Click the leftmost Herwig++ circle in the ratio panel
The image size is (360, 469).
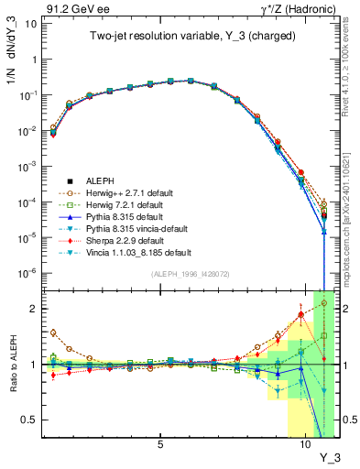click(53, 333)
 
